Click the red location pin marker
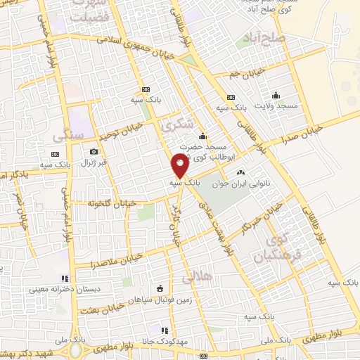point(180,165)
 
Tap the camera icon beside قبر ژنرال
point(94,151)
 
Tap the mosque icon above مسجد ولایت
point(276,95)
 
